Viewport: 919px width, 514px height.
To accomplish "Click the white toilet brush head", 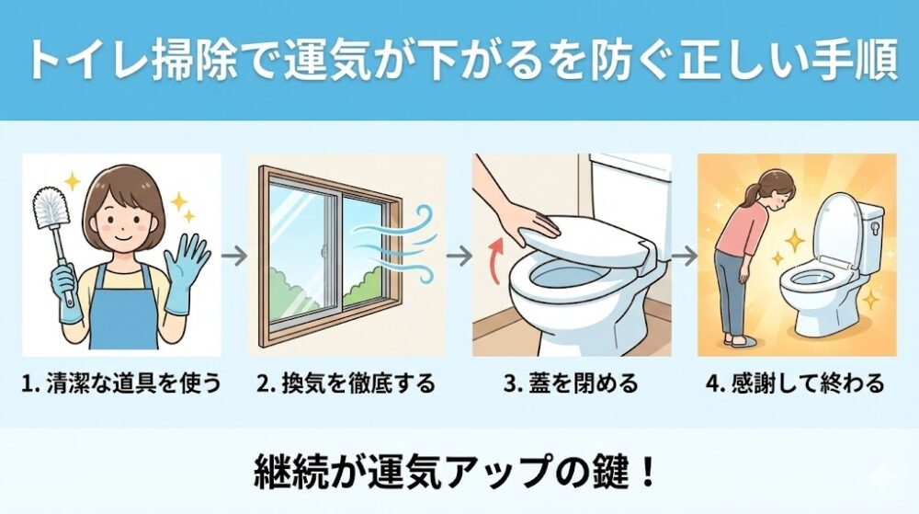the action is pos(51,208).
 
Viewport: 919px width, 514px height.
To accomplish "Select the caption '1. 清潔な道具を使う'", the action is pos(121,383).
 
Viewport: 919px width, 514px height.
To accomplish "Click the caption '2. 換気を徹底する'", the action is pos(346,383).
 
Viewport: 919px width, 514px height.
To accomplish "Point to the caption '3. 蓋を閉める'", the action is pos(571,383).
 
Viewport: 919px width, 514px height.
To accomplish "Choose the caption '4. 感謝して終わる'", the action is pos(795,383).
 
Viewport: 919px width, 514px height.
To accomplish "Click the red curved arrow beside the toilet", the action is pos(497,261).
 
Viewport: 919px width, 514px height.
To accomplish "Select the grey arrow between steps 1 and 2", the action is pos(234,257).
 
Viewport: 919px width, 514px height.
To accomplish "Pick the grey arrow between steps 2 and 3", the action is pos(459,257).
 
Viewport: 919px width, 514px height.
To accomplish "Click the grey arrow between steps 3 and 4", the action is pos(685,257).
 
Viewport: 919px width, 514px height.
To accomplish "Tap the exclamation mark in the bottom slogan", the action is pos(648,472).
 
